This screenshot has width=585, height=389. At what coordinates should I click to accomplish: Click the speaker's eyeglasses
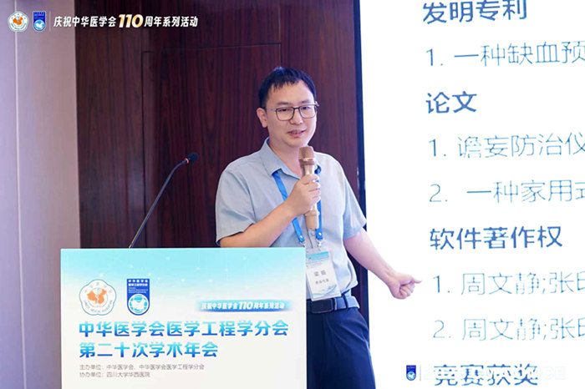[x=292, y=111]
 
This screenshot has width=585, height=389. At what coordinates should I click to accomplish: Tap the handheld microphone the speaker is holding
[x=309, y=184]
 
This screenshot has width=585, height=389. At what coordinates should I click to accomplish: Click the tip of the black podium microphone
[x=191, y=157]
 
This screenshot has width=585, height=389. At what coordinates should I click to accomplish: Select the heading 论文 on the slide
[x=451, y=102]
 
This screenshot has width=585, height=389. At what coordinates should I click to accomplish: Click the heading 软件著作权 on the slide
[x=496, y=237]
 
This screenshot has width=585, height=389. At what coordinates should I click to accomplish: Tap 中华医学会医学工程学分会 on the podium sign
[x=183, y=328]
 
